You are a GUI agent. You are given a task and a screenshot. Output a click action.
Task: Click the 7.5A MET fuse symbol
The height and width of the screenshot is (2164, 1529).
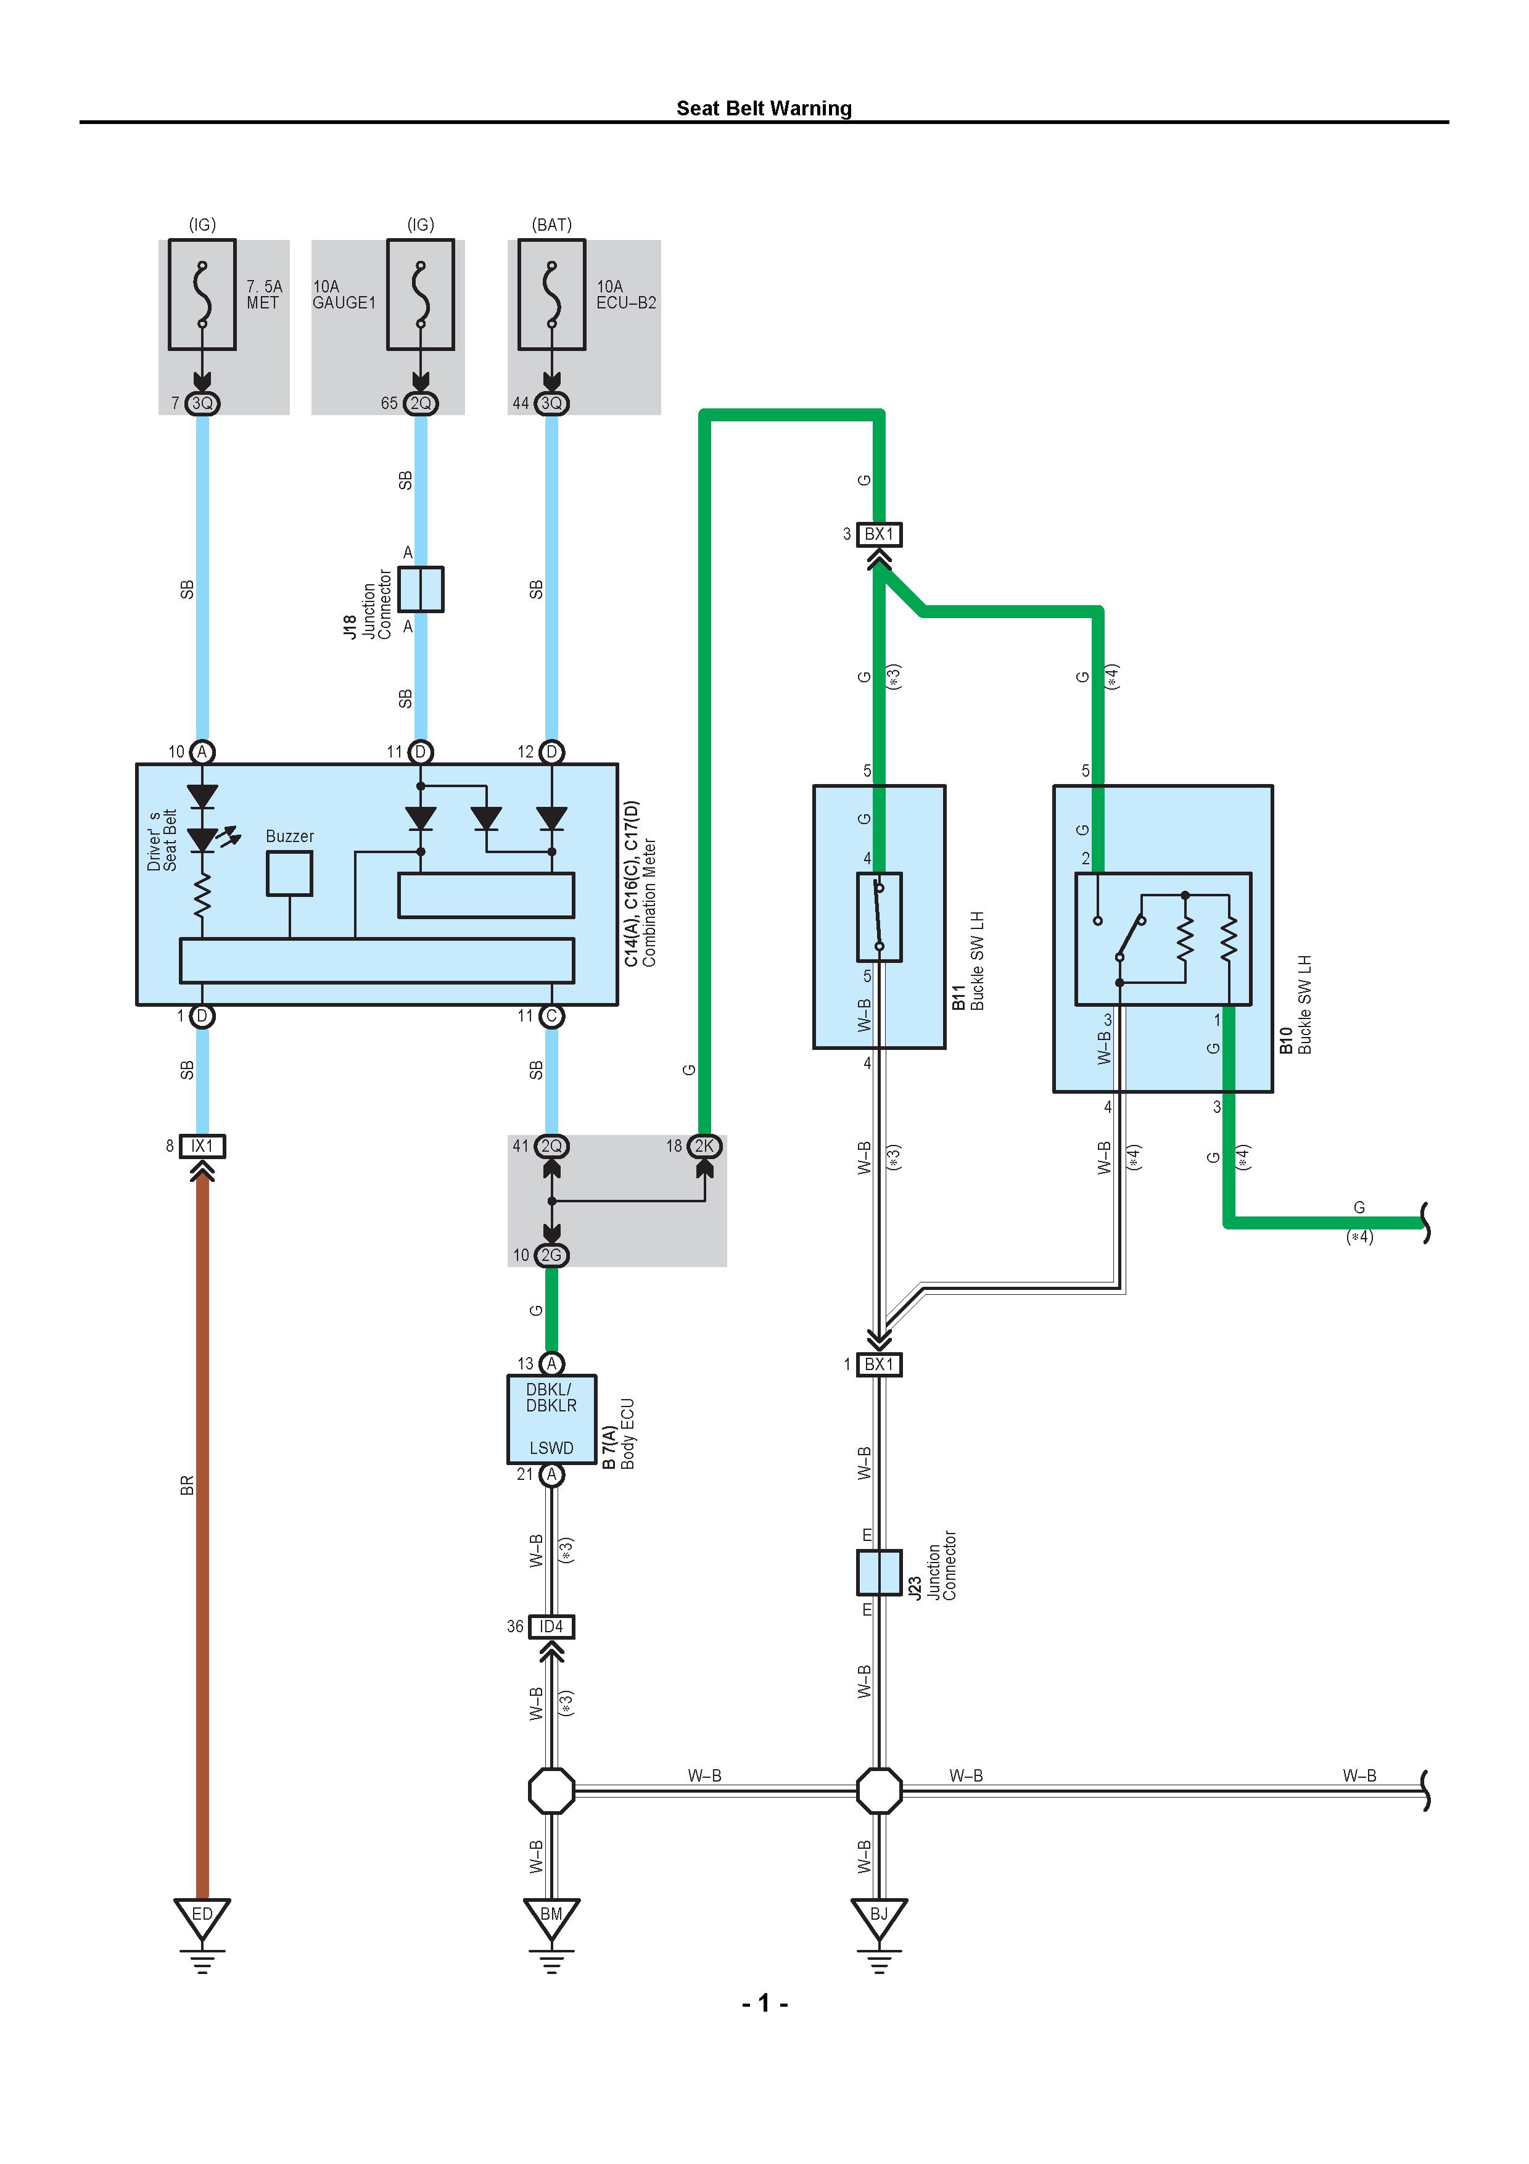click(x=202, y=294)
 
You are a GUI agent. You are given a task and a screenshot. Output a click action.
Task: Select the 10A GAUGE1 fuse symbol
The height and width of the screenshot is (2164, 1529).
click(x=420, y=294)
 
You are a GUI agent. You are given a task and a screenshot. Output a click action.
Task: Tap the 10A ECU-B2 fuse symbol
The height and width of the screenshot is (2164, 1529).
click(x=551, y=294)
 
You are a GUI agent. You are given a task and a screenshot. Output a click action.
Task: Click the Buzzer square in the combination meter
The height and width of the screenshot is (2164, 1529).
click(x=289, y=873)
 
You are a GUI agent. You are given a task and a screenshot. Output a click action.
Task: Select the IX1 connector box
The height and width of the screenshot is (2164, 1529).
click(x=202, y=1146)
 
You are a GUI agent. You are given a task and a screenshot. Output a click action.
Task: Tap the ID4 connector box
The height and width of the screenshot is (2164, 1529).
click(x=551, y=1627)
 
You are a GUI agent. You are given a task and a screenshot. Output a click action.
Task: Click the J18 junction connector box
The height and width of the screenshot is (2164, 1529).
click(x=420, y=589)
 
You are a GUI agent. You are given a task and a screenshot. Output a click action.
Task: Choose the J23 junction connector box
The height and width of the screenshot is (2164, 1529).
click(x=879, y=1572)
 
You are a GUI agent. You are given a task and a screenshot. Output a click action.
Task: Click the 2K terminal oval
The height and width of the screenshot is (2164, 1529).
click(x=705, y=1146)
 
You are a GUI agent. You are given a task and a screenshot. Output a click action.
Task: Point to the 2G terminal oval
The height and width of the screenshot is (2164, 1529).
click(x=551, y=1255)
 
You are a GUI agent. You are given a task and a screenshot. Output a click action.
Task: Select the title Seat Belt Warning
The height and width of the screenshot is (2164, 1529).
click(x=764, y=109)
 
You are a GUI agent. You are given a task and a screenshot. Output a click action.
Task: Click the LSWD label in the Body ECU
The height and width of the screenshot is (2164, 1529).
click(x=551, y=1448)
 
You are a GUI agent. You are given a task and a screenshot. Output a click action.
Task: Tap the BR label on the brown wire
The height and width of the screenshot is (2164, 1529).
click(x=186, y=1485)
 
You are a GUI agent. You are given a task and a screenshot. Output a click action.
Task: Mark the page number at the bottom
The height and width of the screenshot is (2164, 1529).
click(x=765, y=2003)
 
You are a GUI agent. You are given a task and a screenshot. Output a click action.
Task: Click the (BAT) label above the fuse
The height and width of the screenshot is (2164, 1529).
click(x=551, y=225)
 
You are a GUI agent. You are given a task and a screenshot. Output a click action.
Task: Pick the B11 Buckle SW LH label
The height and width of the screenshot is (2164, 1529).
click(x=968, y=961)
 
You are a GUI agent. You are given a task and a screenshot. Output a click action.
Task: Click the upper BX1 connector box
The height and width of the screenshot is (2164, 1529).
click(x=879, y=534)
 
